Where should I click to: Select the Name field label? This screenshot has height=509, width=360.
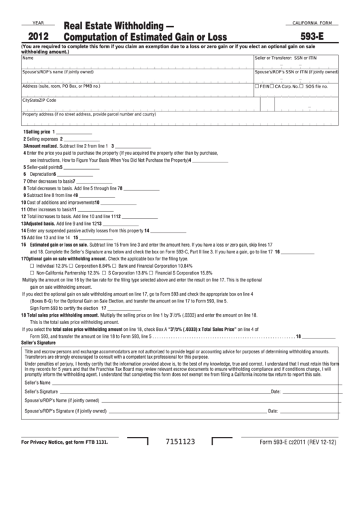click(28, 58)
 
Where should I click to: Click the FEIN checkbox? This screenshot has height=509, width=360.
click(256, 86)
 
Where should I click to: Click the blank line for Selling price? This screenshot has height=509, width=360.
click(71, 133)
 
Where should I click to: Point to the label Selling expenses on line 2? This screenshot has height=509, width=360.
click(43, 139)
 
